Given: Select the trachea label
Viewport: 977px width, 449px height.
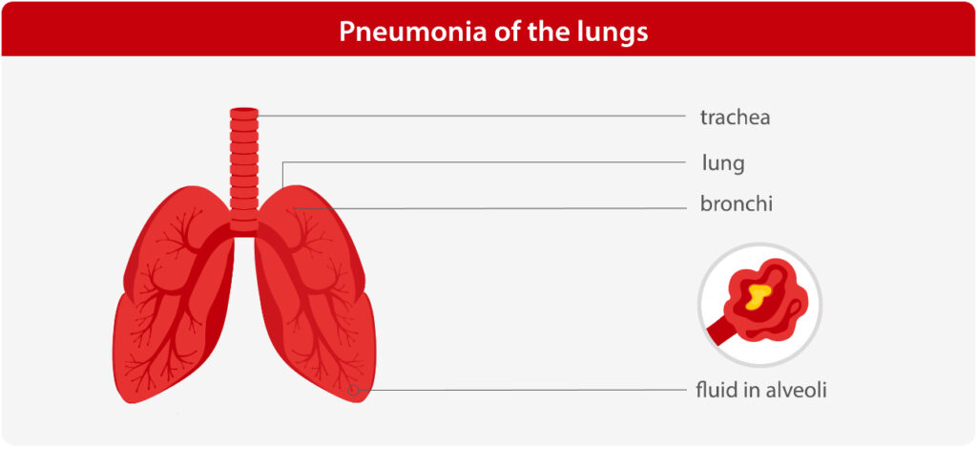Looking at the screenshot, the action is pos(735,118).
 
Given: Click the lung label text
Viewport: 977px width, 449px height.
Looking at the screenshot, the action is pos(723,164).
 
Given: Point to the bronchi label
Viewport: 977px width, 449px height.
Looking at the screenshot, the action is pos(736,203).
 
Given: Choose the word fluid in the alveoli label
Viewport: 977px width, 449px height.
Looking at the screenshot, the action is pos(716,391).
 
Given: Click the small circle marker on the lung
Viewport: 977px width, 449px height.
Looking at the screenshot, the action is pos(353,391).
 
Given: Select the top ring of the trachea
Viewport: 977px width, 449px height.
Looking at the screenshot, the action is pos(243,114).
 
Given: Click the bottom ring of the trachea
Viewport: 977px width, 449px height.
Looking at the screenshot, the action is pos(243,224).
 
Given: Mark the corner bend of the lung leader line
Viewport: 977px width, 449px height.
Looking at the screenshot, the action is pos(282,162).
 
